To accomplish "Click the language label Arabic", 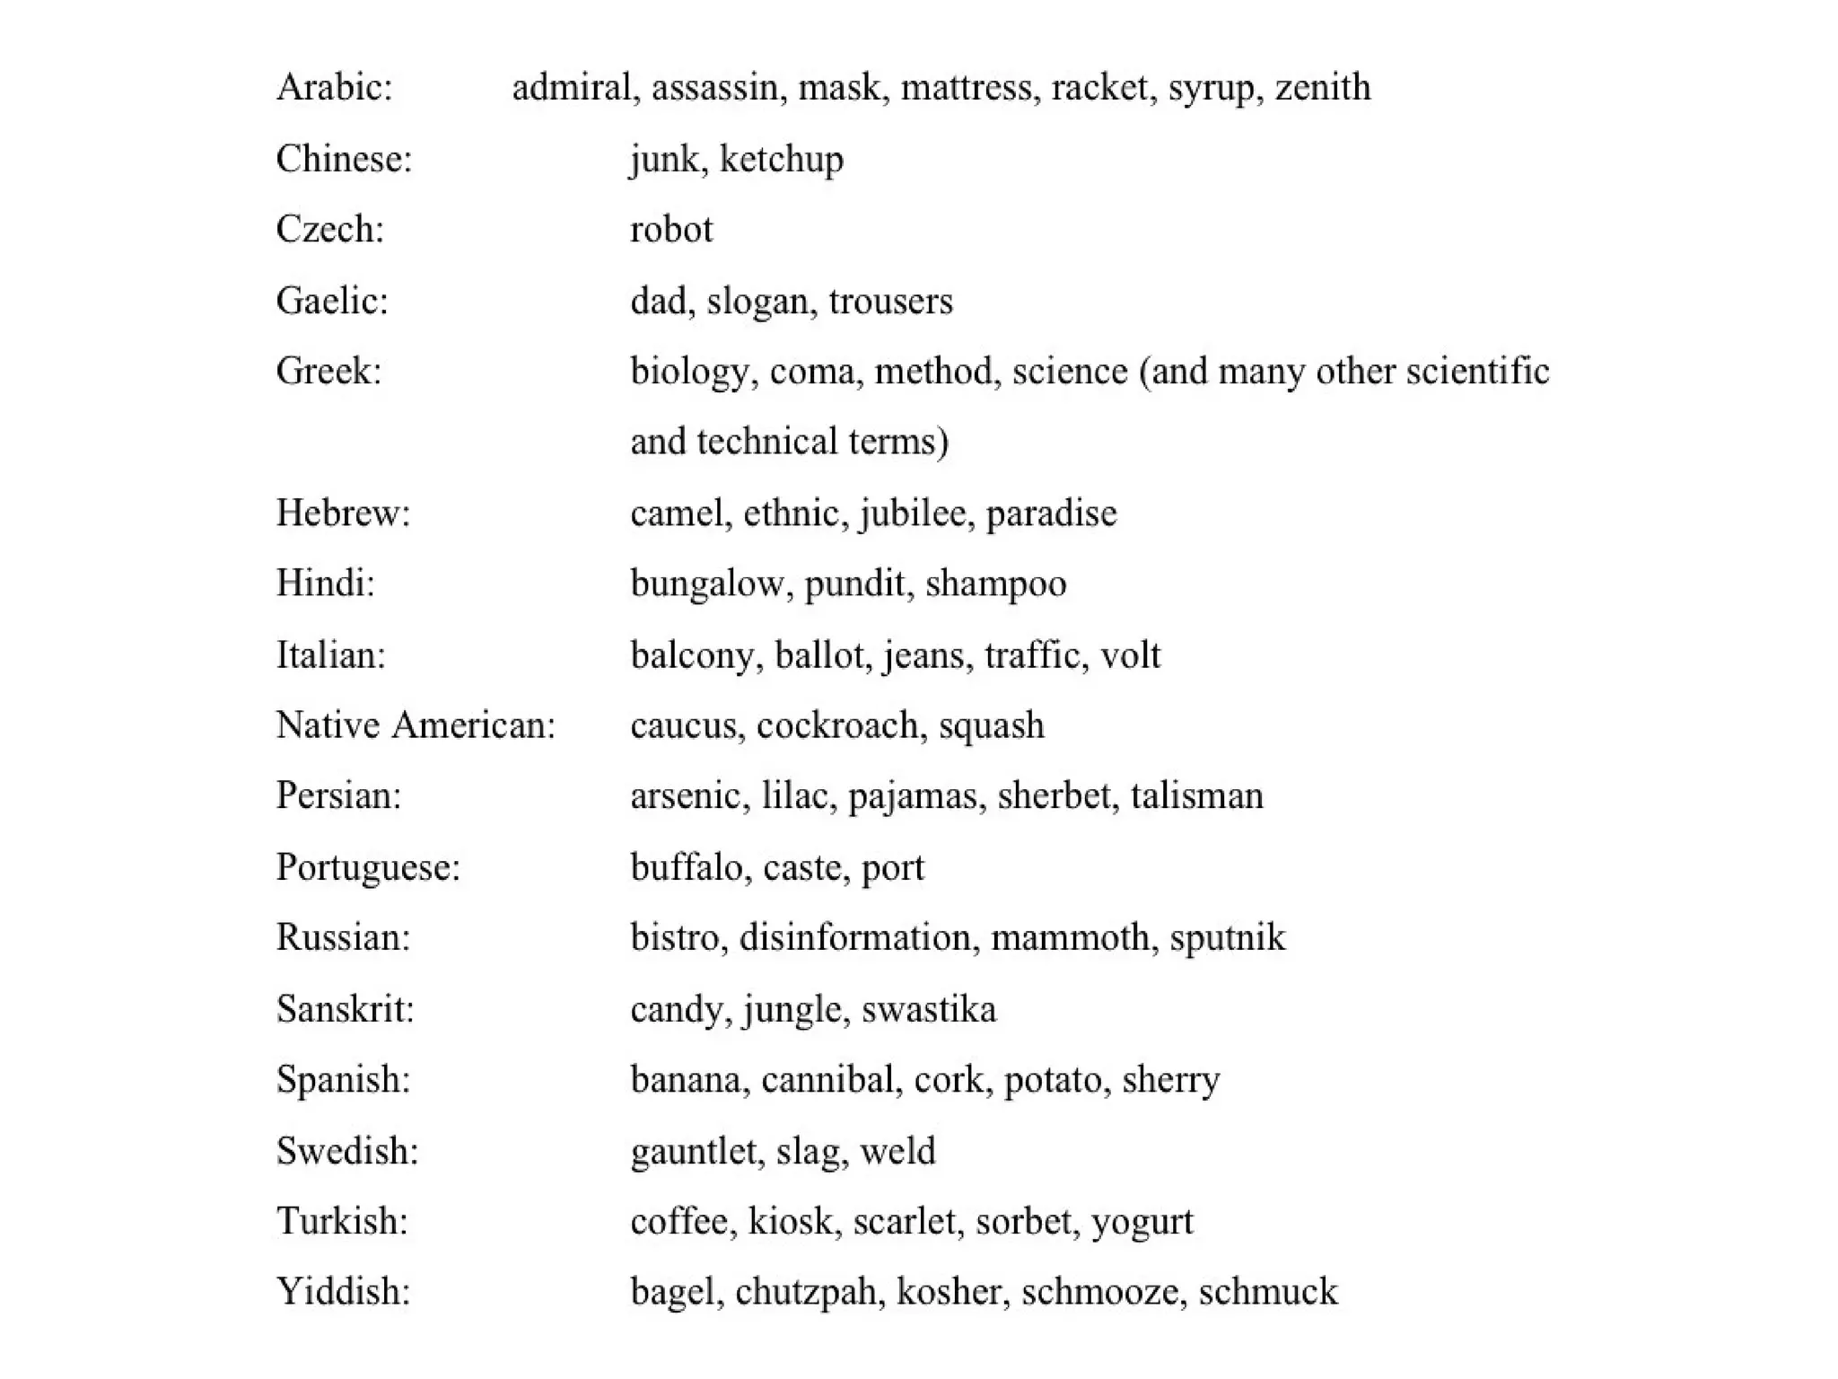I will point(334,88).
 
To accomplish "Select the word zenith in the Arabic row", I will point(1323,88).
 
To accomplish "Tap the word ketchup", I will point(781,160).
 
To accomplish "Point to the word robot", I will point(671,230).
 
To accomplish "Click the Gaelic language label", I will point(332,301).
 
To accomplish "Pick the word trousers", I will point(890,301).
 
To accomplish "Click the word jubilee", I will point(916,514).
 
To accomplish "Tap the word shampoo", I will point(995,584).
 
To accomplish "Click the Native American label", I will point(416,725).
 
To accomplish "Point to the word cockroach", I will point(837,725).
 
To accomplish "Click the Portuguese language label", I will point(368,867).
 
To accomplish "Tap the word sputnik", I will point(1227,938).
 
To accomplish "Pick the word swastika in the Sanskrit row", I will point(928,1009).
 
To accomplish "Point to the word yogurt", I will point(1142,1222).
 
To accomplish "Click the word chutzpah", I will point(805,1293).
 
